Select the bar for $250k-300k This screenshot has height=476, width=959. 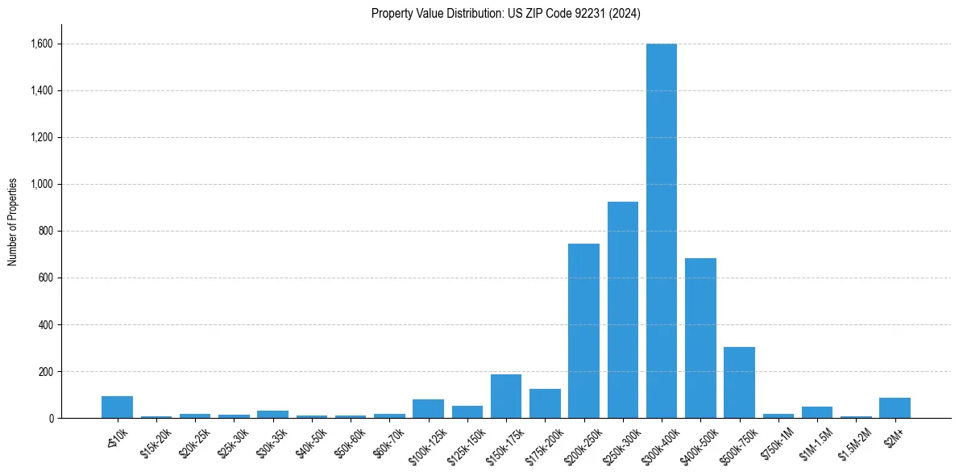pyautogui.click(x=622, y=310)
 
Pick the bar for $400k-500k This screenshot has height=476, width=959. pyautogui.click(x=700, y=338)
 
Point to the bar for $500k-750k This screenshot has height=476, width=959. pyautogui.click(x=739, y=382)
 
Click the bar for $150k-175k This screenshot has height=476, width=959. pyautogui.click(x=505, y=396)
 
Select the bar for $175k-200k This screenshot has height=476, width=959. pyautogui.click(x=545, y=403)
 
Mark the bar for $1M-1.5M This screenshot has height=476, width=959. pyautogui.click(x=816, y=412)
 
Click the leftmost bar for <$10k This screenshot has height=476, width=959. pyautogui.click(x=117, y=407)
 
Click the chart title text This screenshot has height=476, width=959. pyautogui.click(x=505, y=14)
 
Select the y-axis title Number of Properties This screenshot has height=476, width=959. pyautogui.click(x=13, y=222)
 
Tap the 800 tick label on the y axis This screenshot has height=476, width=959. pyautogui.click(x=46, y=231)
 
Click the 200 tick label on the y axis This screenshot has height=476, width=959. pyautogui.click(x=46, y=372)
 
